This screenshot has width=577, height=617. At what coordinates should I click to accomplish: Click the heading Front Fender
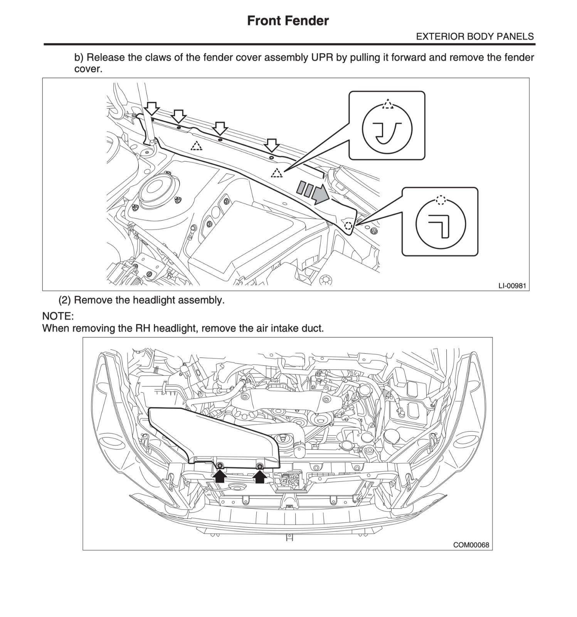[288, 20]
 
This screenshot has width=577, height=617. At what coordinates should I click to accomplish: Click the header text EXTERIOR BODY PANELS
[475, 37]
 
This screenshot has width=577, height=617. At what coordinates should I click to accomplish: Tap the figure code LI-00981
[512, 286]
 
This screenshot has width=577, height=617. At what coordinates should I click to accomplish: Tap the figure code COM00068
[471, 545]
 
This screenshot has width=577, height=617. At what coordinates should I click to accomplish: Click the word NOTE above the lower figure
[57, 316]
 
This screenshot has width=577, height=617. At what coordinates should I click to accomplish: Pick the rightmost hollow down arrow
[272, 146]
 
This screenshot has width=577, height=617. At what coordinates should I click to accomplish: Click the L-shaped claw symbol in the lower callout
[440, 226]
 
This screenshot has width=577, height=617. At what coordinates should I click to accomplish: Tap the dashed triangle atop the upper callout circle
[388, 104]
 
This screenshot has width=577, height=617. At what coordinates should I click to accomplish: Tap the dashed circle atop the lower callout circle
[441, 200]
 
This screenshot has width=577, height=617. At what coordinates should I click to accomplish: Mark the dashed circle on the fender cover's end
[348, 226]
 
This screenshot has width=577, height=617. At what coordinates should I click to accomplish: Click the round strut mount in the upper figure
[159, 190]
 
